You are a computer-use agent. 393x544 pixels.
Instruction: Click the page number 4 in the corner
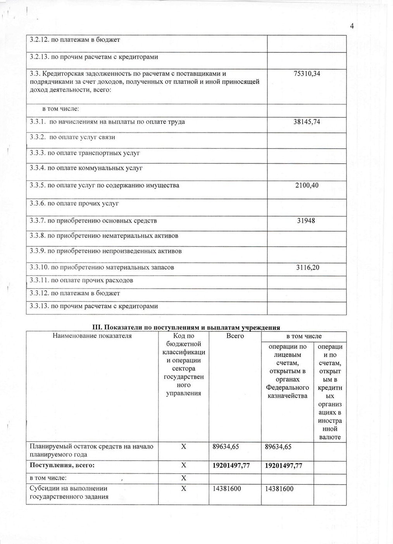click(x=352, y=26)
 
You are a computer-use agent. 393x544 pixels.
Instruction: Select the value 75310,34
click(x=307, y=74)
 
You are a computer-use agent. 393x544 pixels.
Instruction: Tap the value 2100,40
click(x=307, y=185)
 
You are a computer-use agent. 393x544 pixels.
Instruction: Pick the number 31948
click(x=306, y=221)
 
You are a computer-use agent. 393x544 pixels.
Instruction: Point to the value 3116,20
click(x=307, y=267)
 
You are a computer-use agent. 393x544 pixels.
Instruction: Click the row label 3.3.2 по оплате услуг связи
click(x=72, y=137)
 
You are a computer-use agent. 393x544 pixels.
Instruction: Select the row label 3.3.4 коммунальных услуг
click(x=86, y=168)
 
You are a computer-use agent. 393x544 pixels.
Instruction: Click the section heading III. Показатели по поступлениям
click(x=186, y=327)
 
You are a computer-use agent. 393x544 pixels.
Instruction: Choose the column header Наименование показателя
click(x=92, y=336)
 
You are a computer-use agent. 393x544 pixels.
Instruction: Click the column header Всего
click(x=235, y=336)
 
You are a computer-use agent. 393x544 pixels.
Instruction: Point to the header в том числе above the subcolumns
click(x=303, y=336)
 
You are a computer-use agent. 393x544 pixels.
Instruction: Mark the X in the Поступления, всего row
click(x=184, y=465)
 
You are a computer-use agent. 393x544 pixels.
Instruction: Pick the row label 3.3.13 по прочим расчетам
click(x=94, y=306)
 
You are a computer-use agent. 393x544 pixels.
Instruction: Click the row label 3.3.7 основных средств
click(x=93, y=221)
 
